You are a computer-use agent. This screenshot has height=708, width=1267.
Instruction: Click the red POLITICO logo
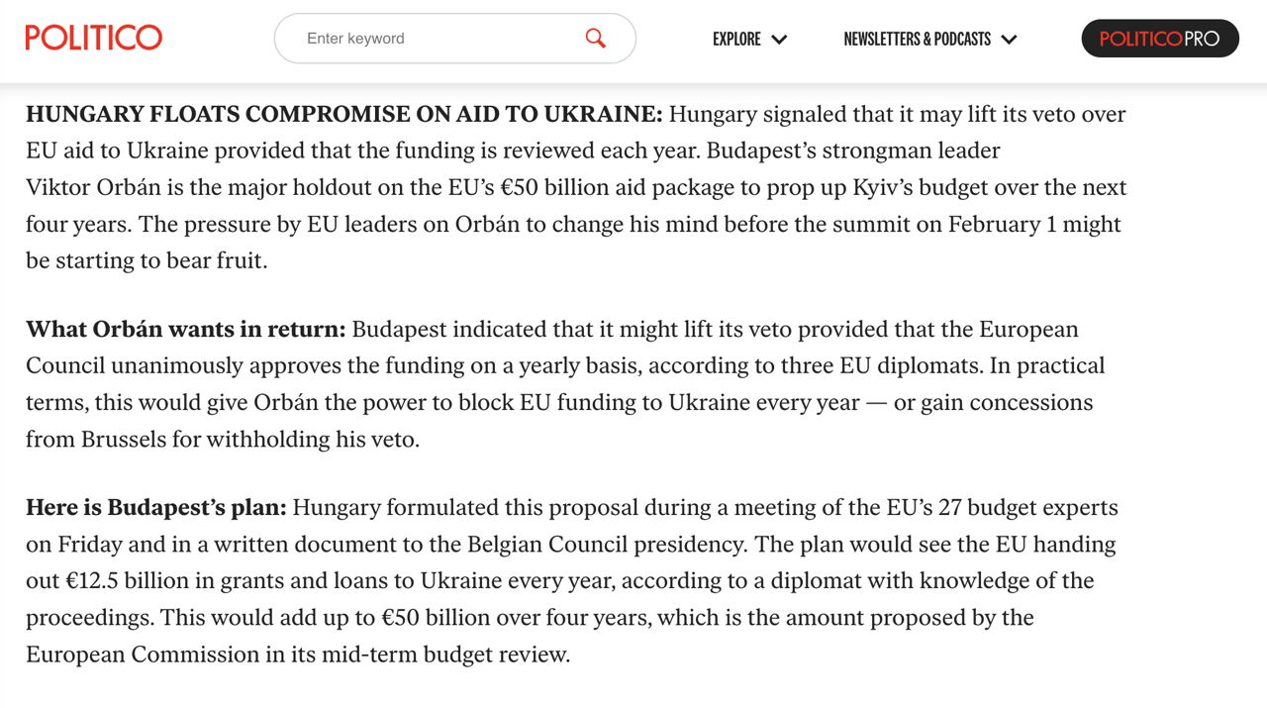(x=94, y=38)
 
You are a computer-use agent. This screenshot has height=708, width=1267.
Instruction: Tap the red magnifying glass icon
(x=595, y=38)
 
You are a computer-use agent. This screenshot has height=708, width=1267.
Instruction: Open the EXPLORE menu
(x=749, y=39)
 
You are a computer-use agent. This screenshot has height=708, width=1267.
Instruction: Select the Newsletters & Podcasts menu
(x=929, y=39)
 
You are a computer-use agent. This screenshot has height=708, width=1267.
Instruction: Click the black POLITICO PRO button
(x=1159, y=39)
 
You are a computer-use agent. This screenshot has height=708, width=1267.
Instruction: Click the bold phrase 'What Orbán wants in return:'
(x=186, y=329)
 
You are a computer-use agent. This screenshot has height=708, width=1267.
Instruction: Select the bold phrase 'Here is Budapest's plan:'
(x=156, y=507)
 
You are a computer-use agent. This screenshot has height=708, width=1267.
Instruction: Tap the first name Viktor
(x=57, y=187)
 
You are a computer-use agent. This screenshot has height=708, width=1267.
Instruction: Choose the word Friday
(x=91, y=544)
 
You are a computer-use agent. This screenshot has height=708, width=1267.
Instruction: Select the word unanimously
(x=177, y=365)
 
